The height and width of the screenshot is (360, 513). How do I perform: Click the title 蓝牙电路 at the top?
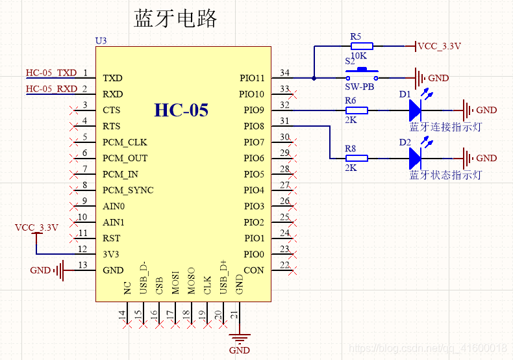pyautogui.click(x=175, y=18)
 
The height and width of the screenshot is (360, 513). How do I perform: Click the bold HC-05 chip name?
pyautogui.click(x=181, y=110)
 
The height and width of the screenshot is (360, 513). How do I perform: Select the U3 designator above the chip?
pyautogui.click(x=101, y=40)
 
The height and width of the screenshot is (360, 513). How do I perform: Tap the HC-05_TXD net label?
pyautogui.click(x=51, y=73)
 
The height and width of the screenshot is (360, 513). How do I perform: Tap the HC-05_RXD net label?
pyautogui.click(x=52, y=88)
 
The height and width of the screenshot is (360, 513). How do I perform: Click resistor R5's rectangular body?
pyautogui.click(x=362, y=46)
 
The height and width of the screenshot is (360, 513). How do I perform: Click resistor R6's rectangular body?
pyautogui.click(x=357, y=110)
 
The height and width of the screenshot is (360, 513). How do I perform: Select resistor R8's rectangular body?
pyautogui.click(x=357, y=159)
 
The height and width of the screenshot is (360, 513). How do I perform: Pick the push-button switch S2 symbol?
pyautogui.click(x=362, y=75)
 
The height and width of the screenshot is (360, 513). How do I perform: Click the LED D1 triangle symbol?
pyautogui.click(x=415, y=110)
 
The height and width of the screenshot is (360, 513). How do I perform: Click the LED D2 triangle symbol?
pyautogui.click(x=415, y=159)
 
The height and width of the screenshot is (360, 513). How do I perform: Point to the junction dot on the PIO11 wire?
pyautogui.click(x=314, y=78)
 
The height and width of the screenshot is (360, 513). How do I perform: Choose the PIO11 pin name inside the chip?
pyautogui.click(x=252, y=78)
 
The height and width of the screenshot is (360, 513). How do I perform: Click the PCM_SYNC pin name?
pyautogui.click(x=128, y=190)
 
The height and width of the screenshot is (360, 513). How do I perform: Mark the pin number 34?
pyautogui.click(x=284, y=73)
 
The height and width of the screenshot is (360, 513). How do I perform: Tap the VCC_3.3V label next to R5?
pyautogui.click(x=440, y=46)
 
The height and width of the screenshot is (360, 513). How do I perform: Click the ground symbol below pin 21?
pyautogui.click(x=240, y=339)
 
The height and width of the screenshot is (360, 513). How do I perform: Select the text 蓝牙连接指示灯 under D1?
pyautogui.click(x=445, y=127)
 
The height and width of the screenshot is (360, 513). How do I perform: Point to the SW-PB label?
pyautogui.click(x=360, y=86)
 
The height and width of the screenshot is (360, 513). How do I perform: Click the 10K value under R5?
pyautogui.click(x=358, y=56)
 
